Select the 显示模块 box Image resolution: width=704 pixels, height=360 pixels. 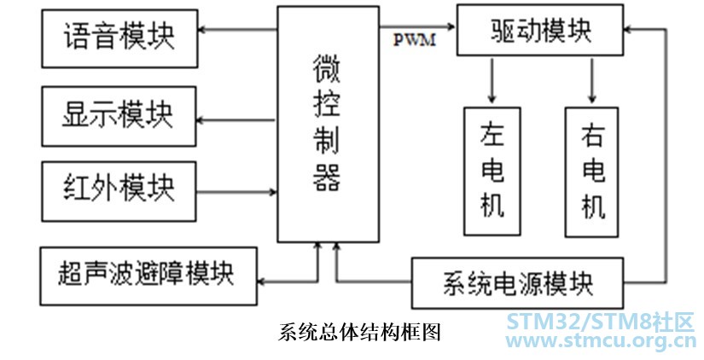click(119, 114)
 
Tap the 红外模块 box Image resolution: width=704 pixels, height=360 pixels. click(119, 185)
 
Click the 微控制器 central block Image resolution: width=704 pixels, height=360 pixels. click(328, 124)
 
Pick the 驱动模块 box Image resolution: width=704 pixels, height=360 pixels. click(540, 30)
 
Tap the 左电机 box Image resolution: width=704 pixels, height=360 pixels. click(492, 171)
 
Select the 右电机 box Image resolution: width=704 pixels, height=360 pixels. click(592, 171)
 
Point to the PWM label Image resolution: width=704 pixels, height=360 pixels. click(414, 38)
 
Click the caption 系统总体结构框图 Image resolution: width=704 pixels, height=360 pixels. click(360, 331)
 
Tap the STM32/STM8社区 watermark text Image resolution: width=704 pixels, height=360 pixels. click(602, 322)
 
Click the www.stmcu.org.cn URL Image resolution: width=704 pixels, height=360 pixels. click(602, 342)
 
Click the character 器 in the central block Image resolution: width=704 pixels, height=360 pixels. click(328, 177)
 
